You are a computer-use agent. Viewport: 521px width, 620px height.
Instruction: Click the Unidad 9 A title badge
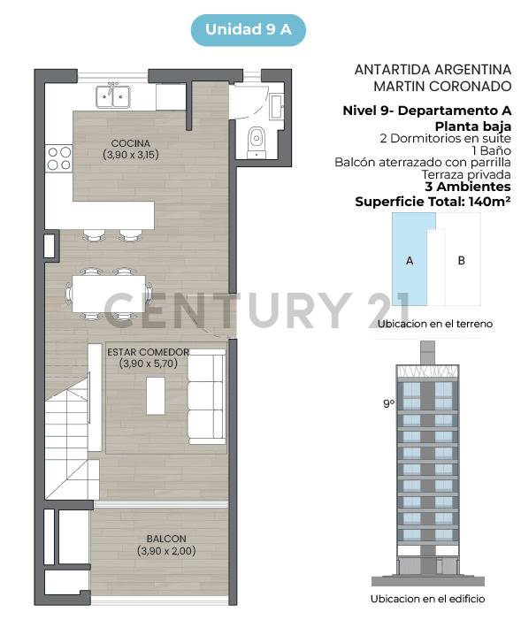[x=249, y=29]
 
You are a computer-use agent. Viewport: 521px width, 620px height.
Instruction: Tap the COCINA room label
[x=130, y=142]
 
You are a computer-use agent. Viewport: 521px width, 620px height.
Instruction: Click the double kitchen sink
[x=113, y=94]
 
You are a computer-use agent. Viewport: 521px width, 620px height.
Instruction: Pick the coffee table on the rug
[x=156, y=394]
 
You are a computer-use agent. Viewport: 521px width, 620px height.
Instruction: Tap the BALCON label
[x=166, y=539]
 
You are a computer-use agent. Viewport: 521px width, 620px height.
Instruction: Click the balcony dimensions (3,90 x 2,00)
[x=166, y=551]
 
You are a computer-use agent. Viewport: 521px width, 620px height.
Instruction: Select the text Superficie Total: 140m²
[x=433, y=201]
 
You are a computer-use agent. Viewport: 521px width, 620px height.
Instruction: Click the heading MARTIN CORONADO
[x=442, y=86]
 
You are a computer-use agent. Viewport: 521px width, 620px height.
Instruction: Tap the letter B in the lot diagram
[x=461, y=261]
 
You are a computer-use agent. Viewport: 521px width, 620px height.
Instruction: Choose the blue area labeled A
[x=409, y=261]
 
